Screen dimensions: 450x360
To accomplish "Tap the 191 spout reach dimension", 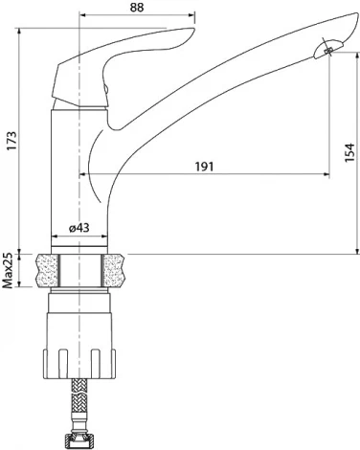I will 203,166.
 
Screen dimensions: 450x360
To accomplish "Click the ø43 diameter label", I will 80,229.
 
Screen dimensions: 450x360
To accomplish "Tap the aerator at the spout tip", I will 326,49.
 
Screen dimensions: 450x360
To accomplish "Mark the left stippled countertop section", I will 44,271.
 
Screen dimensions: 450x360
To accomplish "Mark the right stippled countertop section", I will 115,271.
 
